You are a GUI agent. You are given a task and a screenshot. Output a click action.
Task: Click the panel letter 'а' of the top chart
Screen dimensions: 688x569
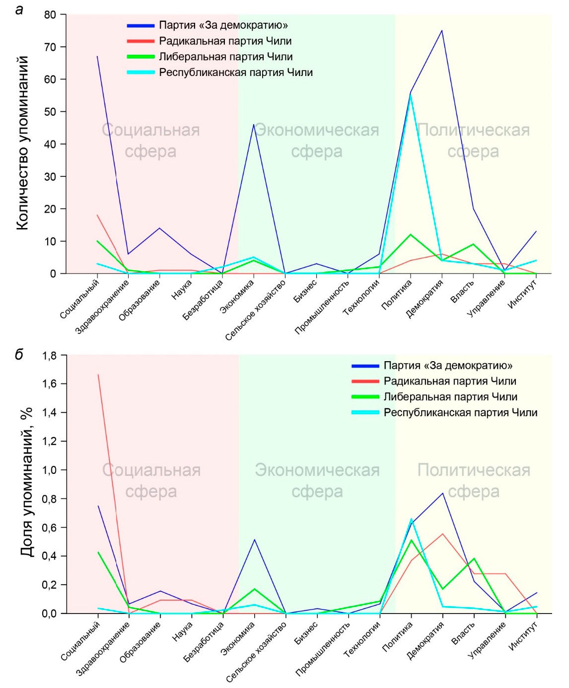coord(19,9)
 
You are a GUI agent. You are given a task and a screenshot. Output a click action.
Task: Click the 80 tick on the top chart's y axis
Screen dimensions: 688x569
coord(50,15)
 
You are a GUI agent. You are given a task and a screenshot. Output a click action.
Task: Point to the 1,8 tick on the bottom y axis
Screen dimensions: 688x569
coord(49,356)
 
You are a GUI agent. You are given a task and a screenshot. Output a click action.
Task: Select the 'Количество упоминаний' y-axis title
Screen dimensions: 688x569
coord(22,143)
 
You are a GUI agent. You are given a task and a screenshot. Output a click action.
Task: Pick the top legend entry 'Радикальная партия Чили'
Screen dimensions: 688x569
coord(225,41)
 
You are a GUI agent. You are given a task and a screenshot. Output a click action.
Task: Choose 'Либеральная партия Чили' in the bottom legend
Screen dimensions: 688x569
coord(450,397)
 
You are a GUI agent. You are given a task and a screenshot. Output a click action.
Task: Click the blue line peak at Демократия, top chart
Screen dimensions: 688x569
coord(442,31)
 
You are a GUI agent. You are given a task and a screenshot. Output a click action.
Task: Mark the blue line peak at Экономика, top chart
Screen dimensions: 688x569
coord(254,125)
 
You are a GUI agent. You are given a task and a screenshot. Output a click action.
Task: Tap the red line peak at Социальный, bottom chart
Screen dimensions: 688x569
coord(98,375)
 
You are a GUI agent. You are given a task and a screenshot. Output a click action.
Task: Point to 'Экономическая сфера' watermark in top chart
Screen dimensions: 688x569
coord(317,141)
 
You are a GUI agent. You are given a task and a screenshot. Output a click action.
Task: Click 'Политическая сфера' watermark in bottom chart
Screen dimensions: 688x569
coord(474,480)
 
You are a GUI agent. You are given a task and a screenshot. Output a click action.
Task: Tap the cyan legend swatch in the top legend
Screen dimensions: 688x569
coord(141,73)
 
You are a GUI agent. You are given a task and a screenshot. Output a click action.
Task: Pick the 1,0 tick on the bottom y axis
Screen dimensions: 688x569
coord(49,470)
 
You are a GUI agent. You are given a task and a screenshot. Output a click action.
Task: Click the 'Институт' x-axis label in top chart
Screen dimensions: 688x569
coord(522,294)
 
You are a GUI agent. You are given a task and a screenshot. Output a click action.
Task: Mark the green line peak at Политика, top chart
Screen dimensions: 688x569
coord(411,234)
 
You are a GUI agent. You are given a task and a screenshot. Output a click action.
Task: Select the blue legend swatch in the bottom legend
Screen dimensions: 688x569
coord(365,366)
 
